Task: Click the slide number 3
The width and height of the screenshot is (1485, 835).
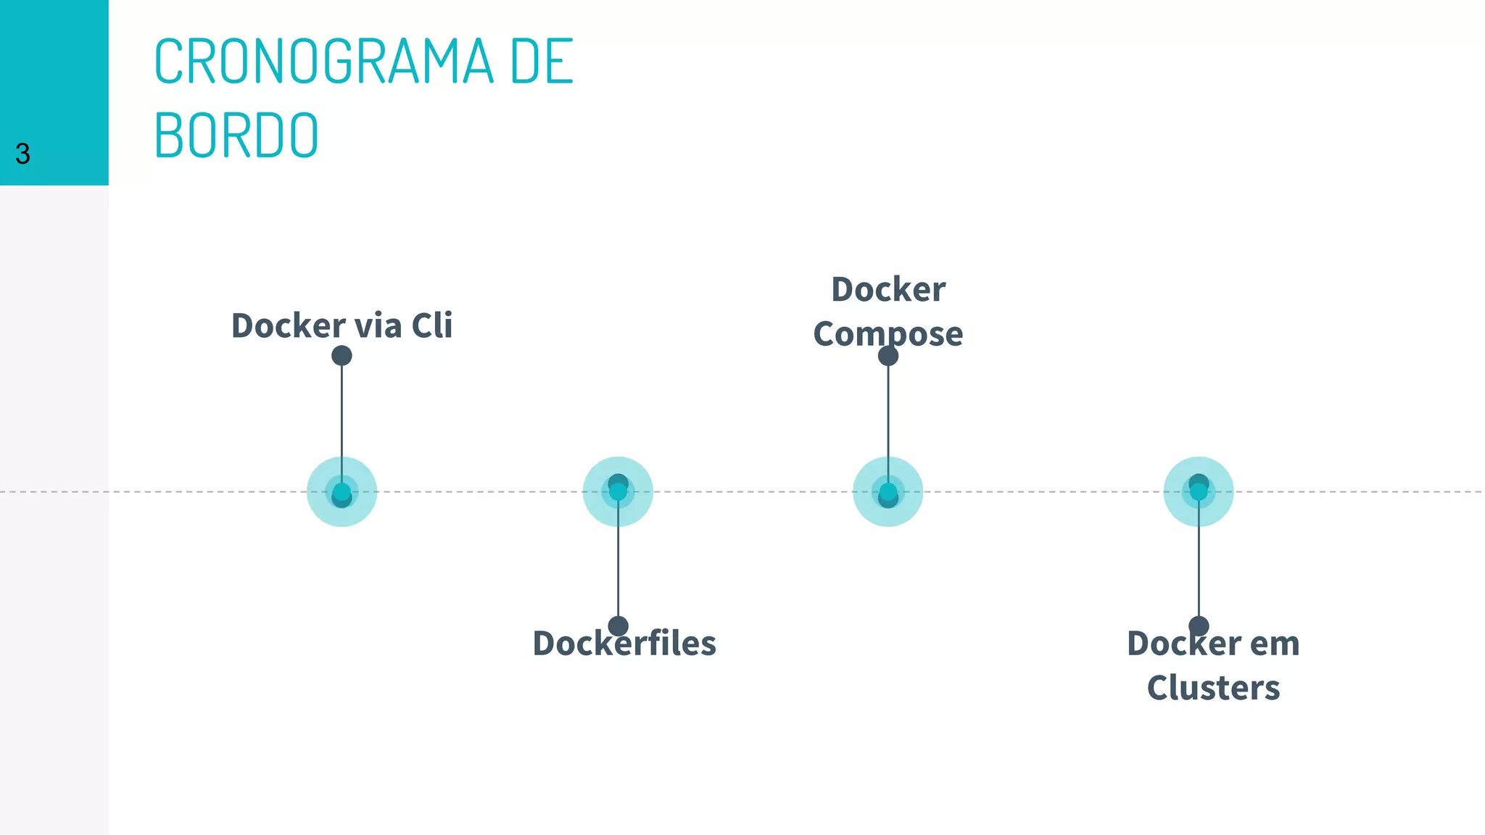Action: click(22, 154)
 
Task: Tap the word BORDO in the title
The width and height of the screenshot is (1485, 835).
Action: click(236, 136)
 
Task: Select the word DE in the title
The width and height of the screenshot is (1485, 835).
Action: click(541, 62)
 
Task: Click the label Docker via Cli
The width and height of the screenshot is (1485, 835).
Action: click(342, 325)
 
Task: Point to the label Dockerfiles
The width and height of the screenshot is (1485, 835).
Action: click(624, 644)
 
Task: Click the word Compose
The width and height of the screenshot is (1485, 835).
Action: click(888, 334)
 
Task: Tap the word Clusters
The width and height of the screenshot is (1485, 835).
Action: click(1213, 688)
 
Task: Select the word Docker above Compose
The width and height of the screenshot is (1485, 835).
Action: click(888, 290)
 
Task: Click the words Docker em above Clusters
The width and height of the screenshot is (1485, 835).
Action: click(1213, 644)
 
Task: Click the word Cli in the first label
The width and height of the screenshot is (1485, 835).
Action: click(432, 325)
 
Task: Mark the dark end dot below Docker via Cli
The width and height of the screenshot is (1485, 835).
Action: click(342, 356)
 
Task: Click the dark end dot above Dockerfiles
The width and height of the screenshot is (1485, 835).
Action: click(618, 626)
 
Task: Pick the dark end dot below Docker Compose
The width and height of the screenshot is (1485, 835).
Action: click(888, 356)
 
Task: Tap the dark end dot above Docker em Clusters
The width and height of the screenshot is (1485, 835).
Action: click(1199, 626)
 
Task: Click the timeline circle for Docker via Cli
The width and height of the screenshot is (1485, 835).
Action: click(342, 492)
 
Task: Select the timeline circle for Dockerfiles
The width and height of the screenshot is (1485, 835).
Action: click(618, 492)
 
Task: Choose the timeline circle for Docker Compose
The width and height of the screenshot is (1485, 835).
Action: click(888, 492)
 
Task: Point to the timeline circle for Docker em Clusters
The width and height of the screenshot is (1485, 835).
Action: click(1199, 492)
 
